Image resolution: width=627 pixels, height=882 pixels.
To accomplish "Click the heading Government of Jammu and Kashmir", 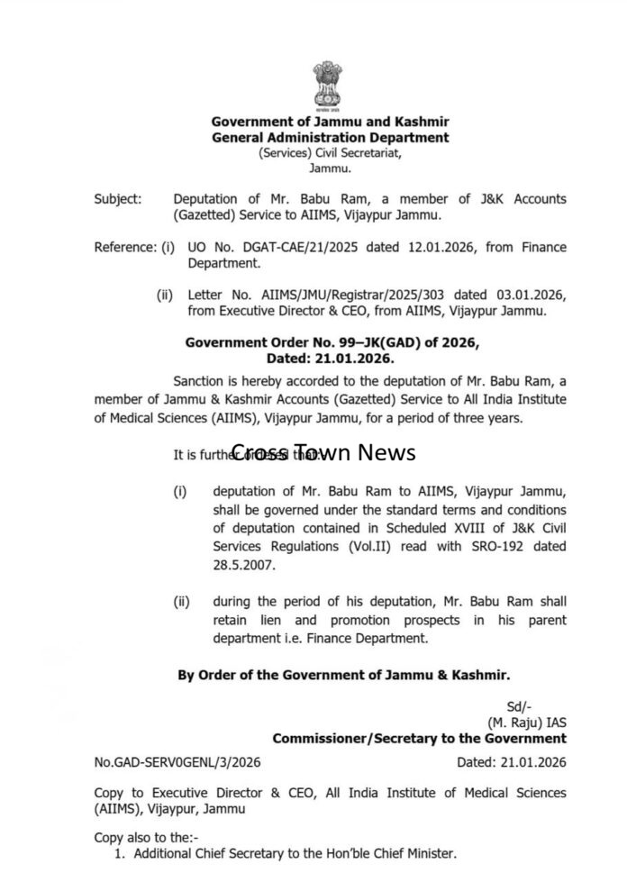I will (x=330, y=122).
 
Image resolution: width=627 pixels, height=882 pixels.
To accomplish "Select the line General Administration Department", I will (x=330, y=138).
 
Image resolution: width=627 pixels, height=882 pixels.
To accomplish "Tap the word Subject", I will (x=117, y=199).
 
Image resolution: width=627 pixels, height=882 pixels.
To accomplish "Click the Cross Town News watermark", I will (x=323, y=452).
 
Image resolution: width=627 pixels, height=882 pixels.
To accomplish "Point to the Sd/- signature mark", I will (x=520, y=707).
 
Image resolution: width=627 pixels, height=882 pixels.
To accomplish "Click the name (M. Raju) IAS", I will (x=527, y=723).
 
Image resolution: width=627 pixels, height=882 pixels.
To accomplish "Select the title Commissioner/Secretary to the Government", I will (x=420, y=739).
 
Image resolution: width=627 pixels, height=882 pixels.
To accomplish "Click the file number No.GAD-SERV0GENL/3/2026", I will (x=177, y=763).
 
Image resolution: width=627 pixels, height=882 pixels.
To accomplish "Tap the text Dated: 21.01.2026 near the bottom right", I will (x=512, y=763).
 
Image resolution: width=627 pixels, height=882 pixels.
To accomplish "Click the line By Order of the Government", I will (x=344, y=674).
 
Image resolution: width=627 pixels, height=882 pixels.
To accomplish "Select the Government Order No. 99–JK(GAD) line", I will (x=332, y=343).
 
